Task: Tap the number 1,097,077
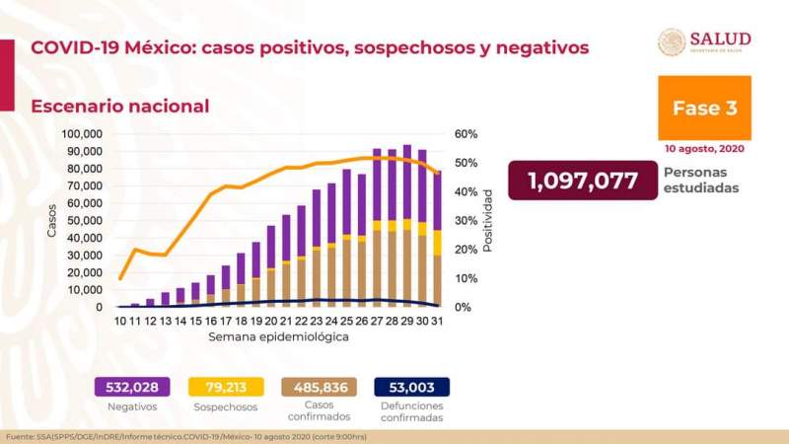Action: tap(581, 181)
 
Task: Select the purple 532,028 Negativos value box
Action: tap(126, 387)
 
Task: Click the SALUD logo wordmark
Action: tap(720, 39)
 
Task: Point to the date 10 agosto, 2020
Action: tap(704, 150)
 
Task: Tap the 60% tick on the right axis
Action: tap(466, 134)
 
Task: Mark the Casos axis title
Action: tap(51, 221)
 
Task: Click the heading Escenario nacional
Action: tap(119, 106)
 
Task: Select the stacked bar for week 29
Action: tap(406, 226)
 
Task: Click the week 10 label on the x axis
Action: tap(120, 322)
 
